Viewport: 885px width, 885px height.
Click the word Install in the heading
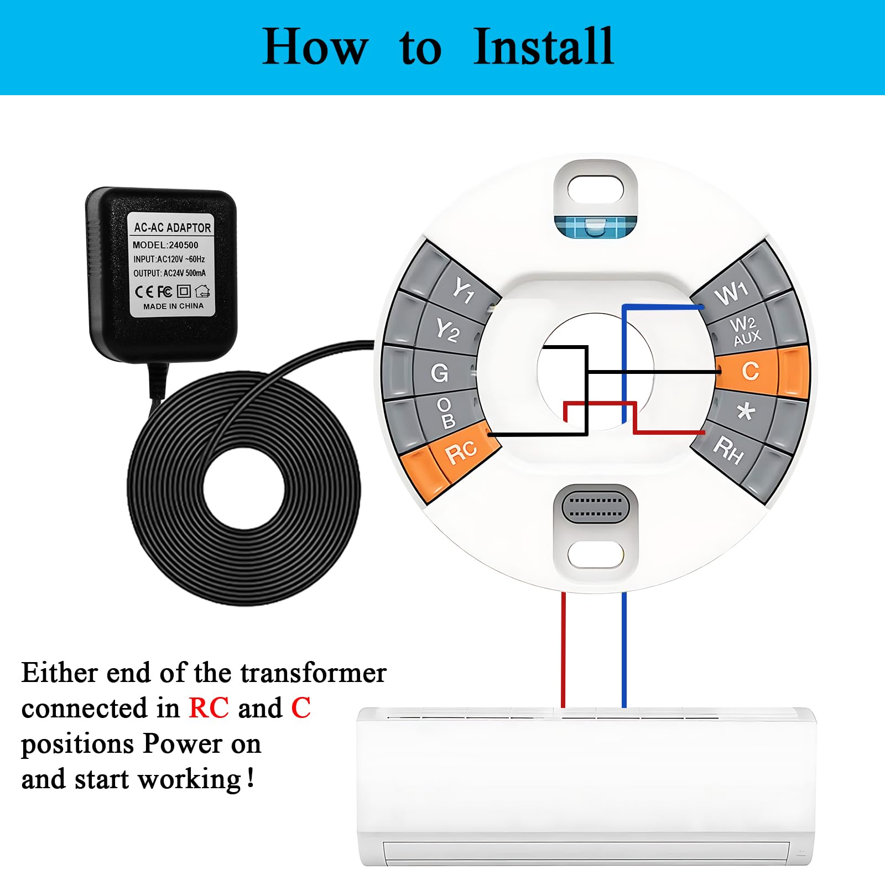(543, 47)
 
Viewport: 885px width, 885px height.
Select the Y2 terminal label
(447, 331)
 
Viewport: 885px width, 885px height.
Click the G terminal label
(440, 373)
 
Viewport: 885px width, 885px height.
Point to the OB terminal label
(446, 413)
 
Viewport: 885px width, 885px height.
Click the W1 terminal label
(731, 293)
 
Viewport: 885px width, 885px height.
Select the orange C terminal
(750, 371)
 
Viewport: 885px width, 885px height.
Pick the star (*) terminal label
(746, 411)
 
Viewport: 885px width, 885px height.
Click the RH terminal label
(728, 450)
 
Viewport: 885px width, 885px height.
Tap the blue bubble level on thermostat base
(595, 226)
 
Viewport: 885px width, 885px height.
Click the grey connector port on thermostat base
(595, 507)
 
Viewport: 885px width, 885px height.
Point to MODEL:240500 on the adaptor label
(165, 245)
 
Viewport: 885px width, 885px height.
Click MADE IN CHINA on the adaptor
(173, 306)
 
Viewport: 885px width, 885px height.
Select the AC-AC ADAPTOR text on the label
(172, 227)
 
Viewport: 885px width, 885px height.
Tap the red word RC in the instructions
(209, 708)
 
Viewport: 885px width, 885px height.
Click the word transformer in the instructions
(313, 673)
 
